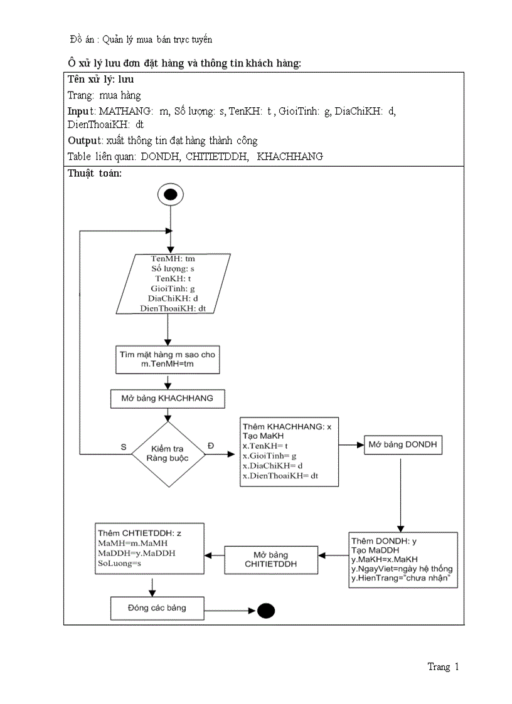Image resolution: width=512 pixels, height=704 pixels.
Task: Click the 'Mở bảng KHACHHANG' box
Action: tap(167, 398)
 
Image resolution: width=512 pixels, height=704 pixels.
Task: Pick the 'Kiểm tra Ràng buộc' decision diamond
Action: tap(167, 454)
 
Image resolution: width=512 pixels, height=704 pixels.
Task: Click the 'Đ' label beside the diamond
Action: tap(210, 446)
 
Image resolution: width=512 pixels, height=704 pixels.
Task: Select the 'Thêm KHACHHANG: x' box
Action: tap(289, 451)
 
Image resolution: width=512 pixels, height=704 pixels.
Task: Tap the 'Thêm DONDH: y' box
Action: tap(402, 560)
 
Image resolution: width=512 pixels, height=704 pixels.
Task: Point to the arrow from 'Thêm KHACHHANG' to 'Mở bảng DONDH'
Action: tap(351, 445)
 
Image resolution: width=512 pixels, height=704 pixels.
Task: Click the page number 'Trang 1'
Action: tap(443, 667)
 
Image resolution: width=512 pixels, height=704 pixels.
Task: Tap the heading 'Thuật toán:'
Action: tap(94, 174)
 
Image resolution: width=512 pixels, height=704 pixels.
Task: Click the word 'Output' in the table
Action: tap(83, 140)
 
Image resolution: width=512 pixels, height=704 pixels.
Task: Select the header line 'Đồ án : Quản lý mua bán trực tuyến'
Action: tap(141, 39)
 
